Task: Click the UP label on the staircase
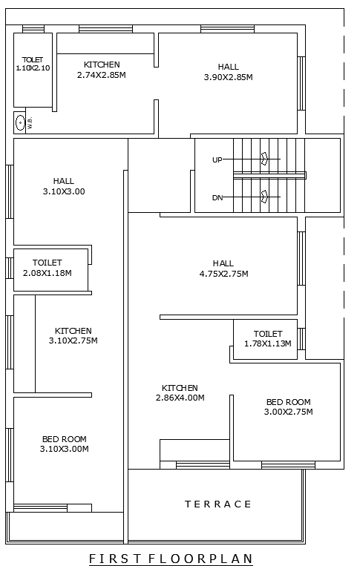point(217,159)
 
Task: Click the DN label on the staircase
point(217,197)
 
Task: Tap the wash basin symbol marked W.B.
point(20,122)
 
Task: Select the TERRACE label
point(218,504)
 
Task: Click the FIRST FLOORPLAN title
point(171,558)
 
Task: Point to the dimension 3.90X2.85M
point(229,76)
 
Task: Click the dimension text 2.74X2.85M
point(102,75)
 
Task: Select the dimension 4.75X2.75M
point(223,274)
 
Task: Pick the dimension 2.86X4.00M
point(180,398)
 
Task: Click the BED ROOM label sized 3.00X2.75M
point(289,402)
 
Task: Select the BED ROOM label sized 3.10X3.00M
point(64,438)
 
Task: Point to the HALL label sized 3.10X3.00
point(64,181)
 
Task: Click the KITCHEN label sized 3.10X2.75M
point(73,331)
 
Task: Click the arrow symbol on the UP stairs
point(264,159)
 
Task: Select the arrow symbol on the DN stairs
point(264,197)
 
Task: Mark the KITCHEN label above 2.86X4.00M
point(180,388)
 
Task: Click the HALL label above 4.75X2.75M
point(223,263)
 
